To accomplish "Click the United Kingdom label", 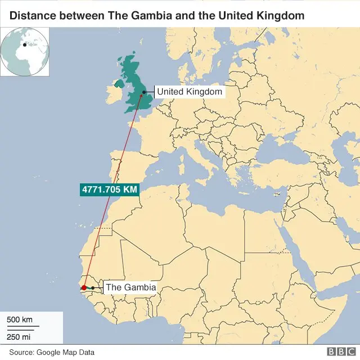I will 190,92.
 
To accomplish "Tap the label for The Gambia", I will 130,287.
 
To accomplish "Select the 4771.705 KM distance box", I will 110,190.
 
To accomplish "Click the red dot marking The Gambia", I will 84,287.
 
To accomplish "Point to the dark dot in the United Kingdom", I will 144,92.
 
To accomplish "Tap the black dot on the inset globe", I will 24,45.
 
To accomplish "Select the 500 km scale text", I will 20,320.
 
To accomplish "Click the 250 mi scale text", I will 19,336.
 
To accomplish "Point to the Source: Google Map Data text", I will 52,352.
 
